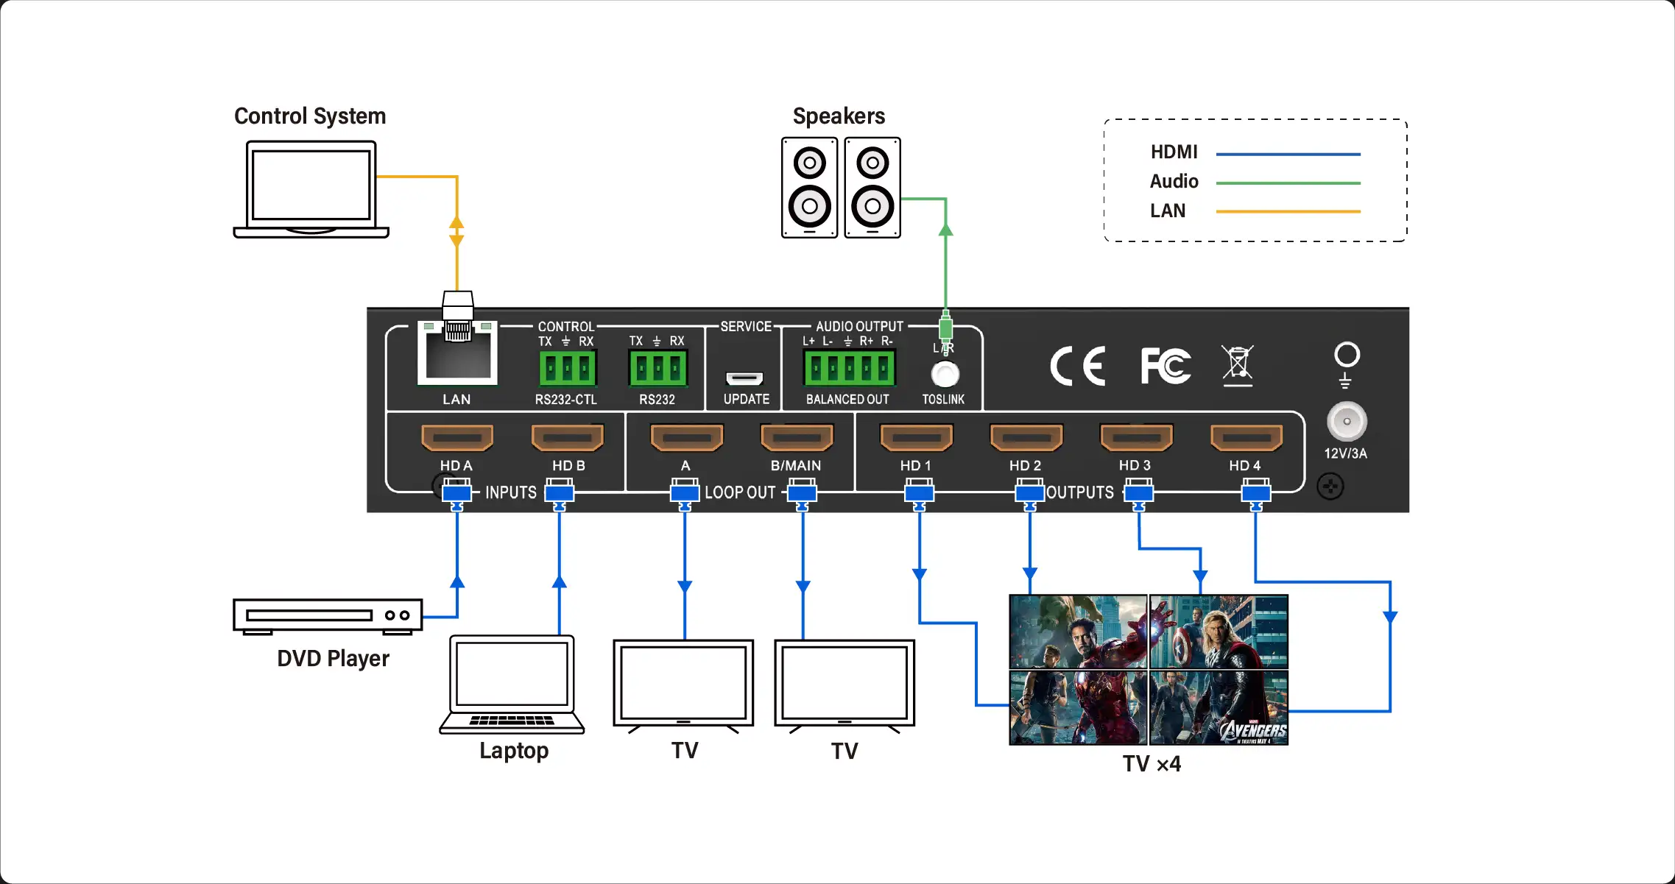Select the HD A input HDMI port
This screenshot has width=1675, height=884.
[456, 438]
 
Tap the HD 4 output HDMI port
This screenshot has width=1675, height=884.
[1246, 438]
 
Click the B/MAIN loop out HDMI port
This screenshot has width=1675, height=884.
[797, 438]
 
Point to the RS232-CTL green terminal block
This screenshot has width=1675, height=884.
[567, 368]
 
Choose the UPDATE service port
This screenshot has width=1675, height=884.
[744, 378]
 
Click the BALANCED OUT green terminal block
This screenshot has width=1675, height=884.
[850, 368]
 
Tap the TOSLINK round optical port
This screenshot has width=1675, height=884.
[945, 375]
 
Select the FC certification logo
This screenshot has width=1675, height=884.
[1165, 366]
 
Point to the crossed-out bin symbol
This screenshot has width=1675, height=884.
[1238, 365]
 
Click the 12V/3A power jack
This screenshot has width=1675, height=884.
[1347, 422]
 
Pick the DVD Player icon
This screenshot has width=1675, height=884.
[328, 615]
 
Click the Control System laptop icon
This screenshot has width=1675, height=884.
[311, 190]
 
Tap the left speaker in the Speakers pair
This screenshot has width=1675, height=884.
[809, 188]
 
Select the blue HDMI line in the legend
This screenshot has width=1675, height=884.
[1288, 155]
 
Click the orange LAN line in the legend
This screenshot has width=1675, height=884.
[1288, 212]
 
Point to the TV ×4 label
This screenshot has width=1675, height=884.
[1152, 764]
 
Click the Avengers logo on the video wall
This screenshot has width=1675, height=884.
[1253, 730]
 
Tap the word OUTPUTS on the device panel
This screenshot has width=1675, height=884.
[1080, 492]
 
